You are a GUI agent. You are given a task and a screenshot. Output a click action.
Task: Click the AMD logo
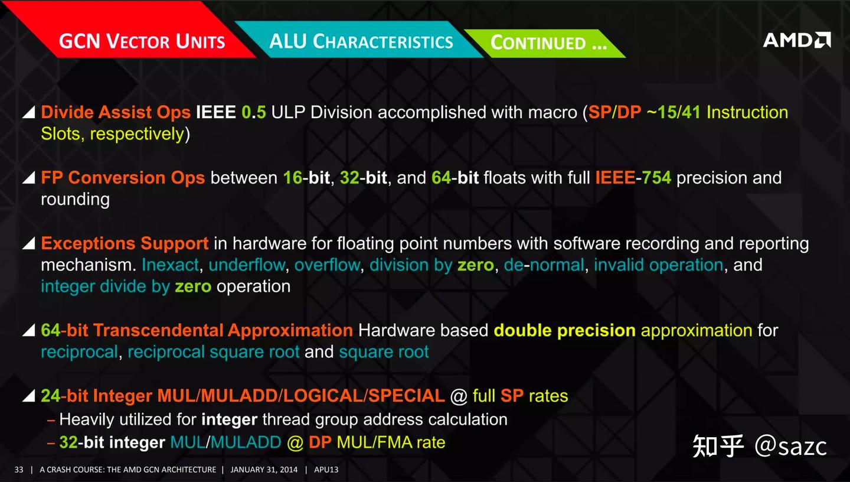click(796, 40)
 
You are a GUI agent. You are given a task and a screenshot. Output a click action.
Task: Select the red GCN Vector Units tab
click(142, 42)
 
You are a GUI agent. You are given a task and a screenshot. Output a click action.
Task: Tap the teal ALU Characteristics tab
click(361, 41)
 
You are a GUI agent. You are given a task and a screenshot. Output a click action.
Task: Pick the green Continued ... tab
click(548, 43)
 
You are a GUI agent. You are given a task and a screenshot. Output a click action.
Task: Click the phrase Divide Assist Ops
click(116, 112)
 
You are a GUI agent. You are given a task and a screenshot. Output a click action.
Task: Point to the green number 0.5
click(254, 112)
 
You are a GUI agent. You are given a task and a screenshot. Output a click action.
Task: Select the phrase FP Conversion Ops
click(123, 178)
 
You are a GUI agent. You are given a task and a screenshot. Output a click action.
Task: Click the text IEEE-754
click(633, 178)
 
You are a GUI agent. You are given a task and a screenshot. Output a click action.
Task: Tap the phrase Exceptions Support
click(125, 243)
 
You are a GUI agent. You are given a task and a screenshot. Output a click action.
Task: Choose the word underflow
click(247, 265)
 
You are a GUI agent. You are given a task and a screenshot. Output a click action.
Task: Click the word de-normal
click(544, 265)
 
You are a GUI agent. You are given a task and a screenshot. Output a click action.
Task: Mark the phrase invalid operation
click(658, 265)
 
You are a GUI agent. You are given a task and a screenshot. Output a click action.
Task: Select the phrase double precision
click(564, 330)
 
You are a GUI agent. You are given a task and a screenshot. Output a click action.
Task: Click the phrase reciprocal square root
click(214, 352)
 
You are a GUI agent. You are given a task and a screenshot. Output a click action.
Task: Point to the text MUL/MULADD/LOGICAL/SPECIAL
click(300, 396)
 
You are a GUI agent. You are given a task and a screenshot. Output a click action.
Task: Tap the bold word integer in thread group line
click(229, 419)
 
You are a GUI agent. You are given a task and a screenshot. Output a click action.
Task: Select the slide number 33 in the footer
click(19, 470)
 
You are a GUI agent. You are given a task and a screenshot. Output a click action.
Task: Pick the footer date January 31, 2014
click(264, 470)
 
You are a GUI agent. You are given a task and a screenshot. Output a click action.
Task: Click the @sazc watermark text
click(790, 446)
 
